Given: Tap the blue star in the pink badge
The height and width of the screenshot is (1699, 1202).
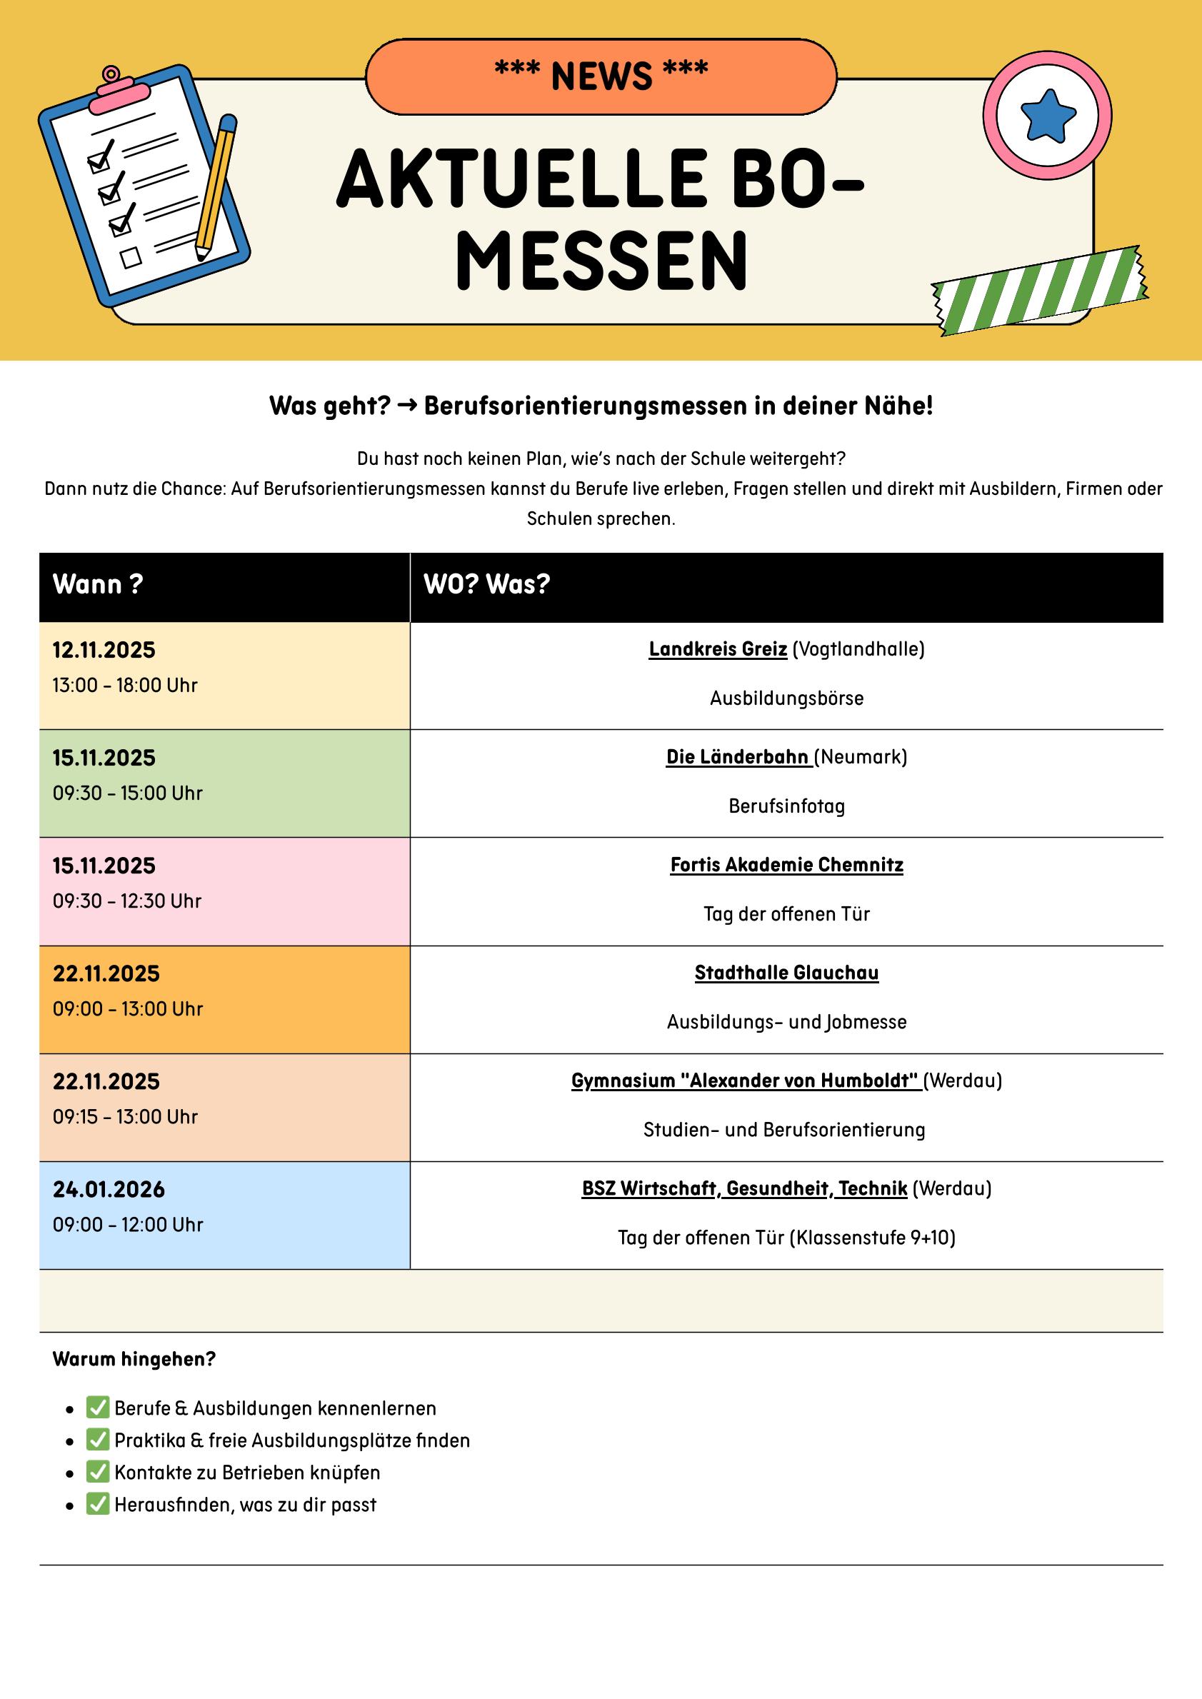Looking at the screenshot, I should click(1047, 116).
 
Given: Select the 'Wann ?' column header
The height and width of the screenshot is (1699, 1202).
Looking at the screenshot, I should click(98, 585).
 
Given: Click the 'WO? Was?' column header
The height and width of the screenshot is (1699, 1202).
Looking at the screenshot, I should click(486, 585).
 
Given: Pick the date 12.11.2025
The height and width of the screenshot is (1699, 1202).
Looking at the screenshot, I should click(104, 651).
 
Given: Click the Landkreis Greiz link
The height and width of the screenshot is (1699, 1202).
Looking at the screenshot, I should click(717, 649).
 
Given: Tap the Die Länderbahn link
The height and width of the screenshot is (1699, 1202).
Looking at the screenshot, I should click(738, 757).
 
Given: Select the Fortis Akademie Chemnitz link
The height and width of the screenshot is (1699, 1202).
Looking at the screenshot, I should click(786, 865).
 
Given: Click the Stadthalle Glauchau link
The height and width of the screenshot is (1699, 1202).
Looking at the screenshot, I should click(786, 973).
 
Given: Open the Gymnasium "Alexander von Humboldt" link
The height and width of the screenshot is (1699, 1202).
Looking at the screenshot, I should click(746, 1081).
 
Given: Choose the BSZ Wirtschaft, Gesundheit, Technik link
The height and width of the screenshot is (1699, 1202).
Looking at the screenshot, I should click(744, 1189).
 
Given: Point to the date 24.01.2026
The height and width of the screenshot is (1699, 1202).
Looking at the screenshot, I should click(108, 1190).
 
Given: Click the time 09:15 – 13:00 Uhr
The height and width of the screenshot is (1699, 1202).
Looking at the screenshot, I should click(125, 1118).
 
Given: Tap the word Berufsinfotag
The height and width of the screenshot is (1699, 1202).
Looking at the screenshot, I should click(786, 806).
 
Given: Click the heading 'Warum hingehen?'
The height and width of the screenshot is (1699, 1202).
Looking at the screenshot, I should click(134, 1359).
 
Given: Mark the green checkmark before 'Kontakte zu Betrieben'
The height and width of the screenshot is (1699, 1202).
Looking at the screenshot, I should click(98, 1473).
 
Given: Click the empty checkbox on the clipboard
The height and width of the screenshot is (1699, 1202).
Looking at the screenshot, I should click(131, 258).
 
